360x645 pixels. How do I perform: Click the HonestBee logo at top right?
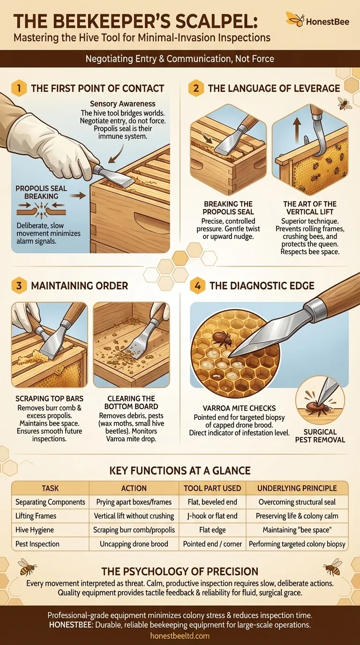point(317,21)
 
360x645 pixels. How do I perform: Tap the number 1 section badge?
point(19,88)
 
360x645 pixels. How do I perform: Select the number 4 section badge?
point(197,286)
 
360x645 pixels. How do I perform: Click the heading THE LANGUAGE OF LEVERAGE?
point(274,88)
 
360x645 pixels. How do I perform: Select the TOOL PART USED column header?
point(212,488)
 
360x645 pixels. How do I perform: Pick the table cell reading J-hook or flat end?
point(212,516)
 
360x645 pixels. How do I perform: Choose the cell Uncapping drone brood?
point(134,544)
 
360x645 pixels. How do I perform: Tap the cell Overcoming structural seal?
point(297,502)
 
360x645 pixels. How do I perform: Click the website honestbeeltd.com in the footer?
point(180,636)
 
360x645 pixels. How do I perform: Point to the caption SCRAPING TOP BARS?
point(49,398)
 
